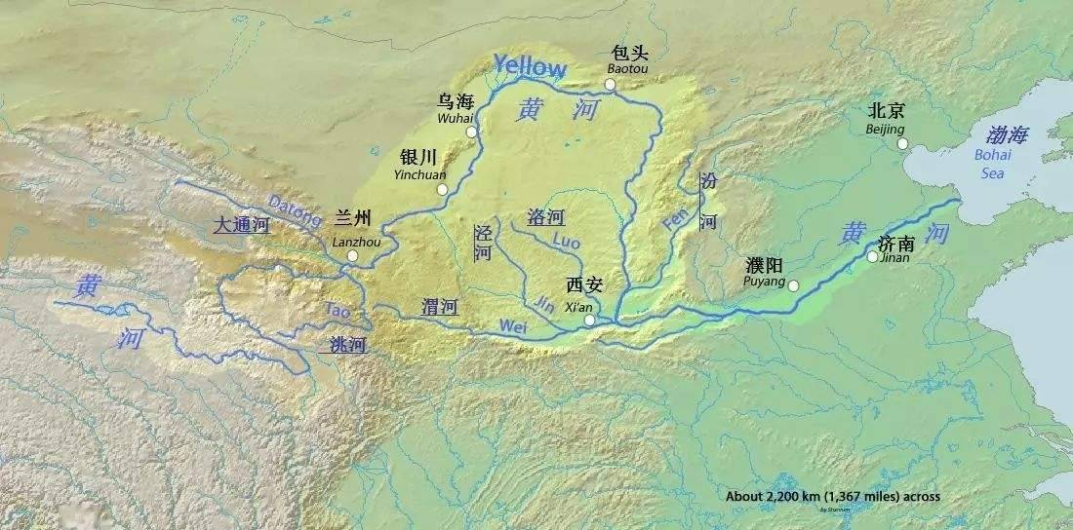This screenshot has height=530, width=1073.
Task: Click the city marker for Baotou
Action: [x=610, y=85]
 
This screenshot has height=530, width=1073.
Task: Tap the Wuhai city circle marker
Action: [x=471, y=132]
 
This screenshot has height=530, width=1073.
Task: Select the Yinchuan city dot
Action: [x=441, y=189]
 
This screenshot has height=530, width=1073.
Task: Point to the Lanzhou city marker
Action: [x=353, y=257]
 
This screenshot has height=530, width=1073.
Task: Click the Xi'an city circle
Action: [x=588, y=320]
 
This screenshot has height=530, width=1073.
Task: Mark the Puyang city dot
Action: [x=793, y=285]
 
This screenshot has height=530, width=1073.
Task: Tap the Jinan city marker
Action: [x=872, y=257]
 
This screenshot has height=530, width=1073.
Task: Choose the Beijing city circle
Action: [x=902, y=143]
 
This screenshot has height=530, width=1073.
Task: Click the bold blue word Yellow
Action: [x=529, y=66]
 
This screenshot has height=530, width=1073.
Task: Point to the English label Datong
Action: [x=293, y=208]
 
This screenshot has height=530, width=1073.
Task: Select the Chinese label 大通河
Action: [x=241, y=225]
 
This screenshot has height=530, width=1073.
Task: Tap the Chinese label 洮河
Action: [x=346, y=344]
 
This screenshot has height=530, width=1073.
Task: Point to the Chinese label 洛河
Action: [x=546, y=217]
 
